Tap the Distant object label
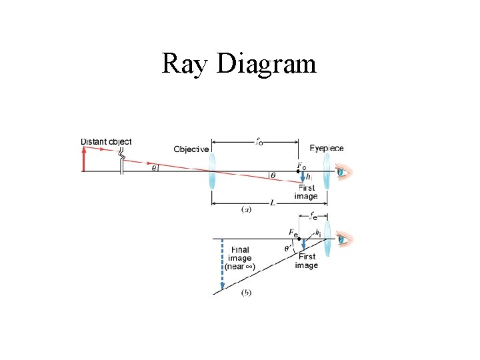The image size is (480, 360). click(106, 141)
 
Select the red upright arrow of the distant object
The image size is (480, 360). click(83, 160)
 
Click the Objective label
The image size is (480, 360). click(191, 149)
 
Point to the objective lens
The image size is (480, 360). click(212, 172)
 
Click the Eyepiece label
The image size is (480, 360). click(327, 147)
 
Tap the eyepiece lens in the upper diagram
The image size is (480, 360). click(327, 172)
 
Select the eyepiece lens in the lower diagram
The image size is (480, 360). click(327, 239)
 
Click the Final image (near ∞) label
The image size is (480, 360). click(239, 258)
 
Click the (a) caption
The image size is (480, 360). click(246, 209)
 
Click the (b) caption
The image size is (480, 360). click(246, 292)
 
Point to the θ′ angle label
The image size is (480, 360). click(288, 248)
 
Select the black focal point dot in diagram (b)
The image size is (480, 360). click(298, 238)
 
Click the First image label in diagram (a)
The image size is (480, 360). click(306, 192)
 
